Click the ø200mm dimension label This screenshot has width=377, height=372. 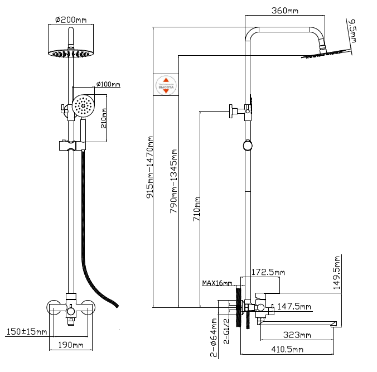point(71,20)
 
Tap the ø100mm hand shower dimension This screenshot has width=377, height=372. point(108,84)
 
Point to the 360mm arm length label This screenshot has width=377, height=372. point(284,10)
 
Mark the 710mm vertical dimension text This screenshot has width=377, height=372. point(196,209)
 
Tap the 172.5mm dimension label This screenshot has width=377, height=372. point(268,273)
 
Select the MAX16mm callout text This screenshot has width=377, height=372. point(217,283)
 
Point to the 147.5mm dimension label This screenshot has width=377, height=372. point(294,306)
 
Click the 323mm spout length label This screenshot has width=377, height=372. point(297,335)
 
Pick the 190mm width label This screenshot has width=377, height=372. point(70,346)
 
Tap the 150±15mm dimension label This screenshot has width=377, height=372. point(26,332)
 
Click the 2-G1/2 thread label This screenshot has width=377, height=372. point(226,331)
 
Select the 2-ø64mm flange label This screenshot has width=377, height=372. point(214,337)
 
